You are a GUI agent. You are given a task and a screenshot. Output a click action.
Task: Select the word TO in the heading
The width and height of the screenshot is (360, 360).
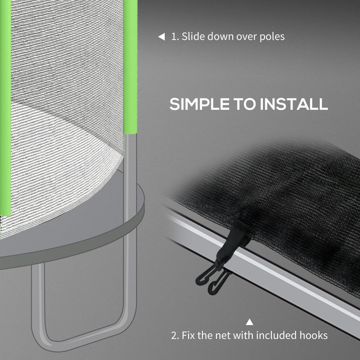click(x=245, y=104)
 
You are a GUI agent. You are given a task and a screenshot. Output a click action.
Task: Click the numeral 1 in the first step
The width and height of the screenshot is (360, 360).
click(x=174, y=37)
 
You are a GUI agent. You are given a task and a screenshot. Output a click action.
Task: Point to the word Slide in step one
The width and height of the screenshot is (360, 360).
click(x=192, y=36)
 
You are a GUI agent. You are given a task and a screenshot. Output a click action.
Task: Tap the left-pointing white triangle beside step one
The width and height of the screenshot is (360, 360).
click(x=161, y=37)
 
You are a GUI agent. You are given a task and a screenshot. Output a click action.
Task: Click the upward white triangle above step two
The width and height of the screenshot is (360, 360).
click(x=249, y=322)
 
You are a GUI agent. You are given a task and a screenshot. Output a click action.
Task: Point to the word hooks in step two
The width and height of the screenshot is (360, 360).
click(x=314, y=335)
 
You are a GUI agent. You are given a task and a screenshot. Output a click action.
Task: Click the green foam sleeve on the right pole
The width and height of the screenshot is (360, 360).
click(x=130, y=67)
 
